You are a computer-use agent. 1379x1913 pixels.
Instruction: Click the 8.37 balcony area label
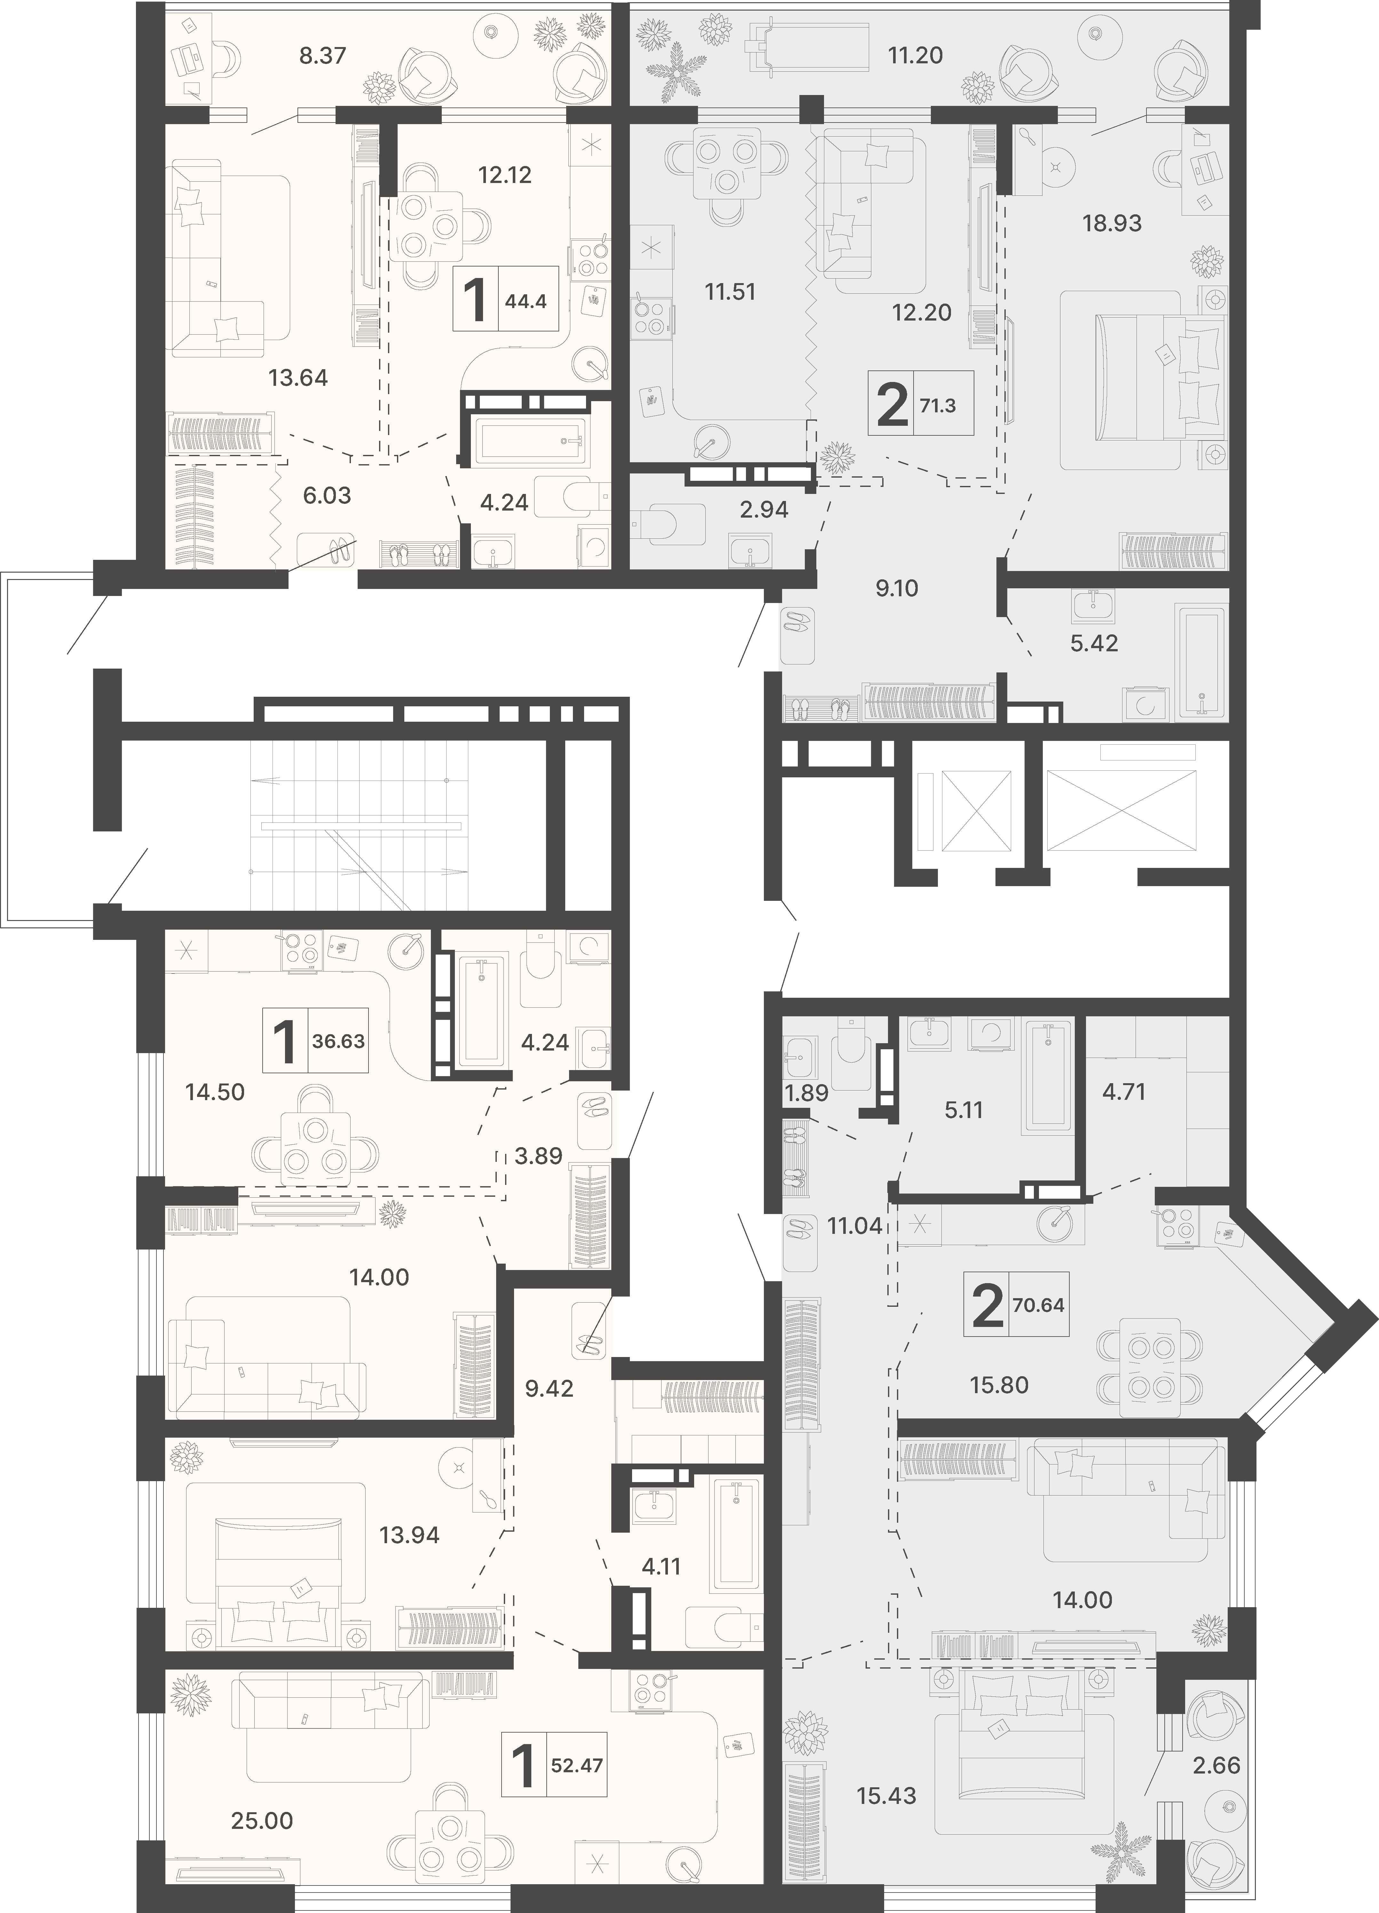pos(323,56)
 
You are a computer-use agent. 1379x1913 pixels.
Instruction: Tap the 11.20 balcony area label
pos(915,56)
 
